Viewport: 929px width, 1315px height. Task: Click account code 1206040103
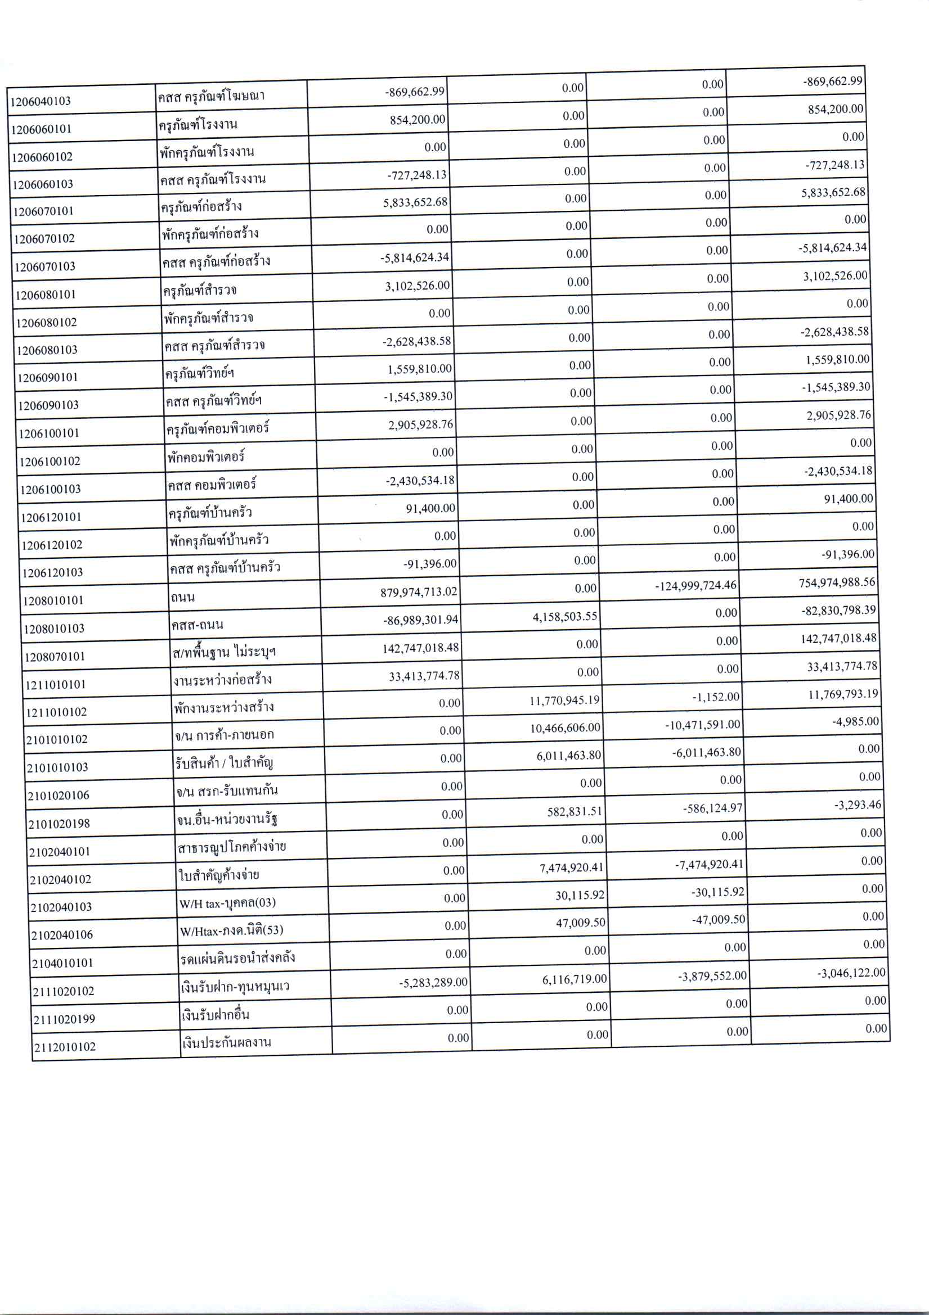tap(41, 101)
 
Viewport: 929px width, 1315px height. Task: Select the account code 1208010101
tap(53, 600)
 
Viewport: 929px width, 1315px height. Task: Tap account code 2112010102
tap(64, 1047)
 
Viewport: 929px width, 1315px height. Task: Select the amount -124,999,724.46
tap(695, 585)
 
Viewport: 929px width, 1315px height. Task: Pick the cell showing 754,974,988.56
tap(837, 582)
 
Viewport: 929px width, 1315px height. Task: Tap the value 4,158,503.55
tap(565, 616)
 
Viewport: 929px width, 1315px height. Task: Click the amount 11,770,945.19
tap(564, 700)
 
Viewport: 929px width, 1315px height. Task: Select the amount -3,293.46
tap(858, 805)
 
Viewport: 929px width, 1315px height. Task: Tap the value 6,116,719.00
tap(575, 979)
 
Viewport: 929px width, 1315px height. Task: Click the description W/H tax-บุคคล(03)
tap(227, 903)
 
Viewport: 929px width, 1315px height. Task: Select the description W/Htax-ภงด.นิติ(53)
tap(231, 930)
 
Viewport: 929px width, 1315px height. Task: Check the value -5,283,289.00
tap(433, 982)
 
